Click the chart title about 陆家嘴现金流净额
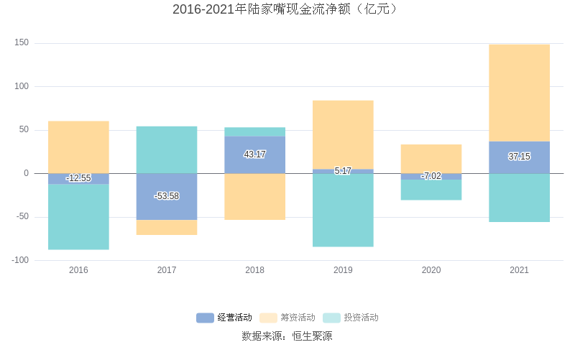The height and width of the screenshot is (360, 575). coord(287,9)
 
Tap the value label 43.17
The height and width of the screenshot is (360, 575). coord(254,154)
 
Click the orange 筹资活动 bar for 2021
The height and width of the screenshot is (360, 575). coord(519,93)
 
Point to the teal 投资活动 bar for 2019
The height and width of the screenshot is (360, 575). coord(343,210)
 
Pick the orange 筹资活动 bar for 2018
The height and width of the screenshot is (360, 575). coord(254,196)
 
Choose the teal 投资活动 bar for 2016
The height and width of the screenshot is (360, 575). coord(78,217)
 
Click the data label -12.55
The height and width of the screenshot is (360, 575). coord(78,178)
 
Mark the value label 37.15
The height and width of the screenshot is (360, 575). coord(519,157)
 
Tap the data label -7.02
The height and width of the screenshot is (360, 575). coord(431,176)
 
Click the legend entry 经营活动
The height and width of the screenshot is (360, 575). coord(224,318)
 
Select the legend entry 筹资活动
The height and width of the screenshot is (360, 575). coord(287,318)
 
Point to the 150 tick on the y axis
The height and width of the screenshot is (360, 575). coord(22,43)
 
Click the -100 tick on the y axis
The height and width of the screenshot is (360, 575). coord(20,260)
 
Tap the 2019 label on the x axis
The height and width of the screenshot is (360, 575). coord(343,270)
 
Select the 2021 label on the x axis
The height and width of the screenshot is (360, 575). coord(519,270)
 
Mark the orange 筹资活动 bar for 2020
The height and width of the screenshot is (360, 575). coord(431,159)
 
